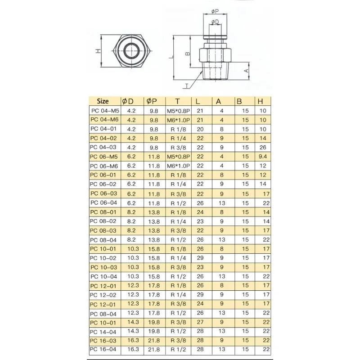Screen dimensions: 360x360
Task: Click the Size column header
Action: [x=103, y=101]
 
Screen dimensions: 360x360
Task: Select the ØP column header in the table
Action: [x=152, y=101]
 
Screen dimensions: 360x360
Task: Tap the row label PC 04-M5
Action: [x=105, y=111]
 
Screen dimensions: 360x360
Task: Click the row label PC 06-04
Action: [x=104, y=203]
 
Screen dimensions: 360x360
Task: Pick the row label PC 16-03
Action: [x=103, y=341]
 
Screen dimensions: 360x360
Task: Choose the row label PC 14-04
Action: [x=103, y=332]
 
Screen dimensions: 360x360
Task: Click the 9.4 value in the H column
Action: [x=263, y=157]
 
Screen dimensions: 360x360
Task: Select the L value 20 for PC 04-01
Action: [x=200, y=129]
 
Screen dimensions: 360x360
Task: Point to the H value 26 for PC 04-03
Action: [x=263, y=148]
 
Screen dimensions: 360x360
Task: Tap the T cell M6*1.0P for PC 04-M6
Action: [x=178, y=120]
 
